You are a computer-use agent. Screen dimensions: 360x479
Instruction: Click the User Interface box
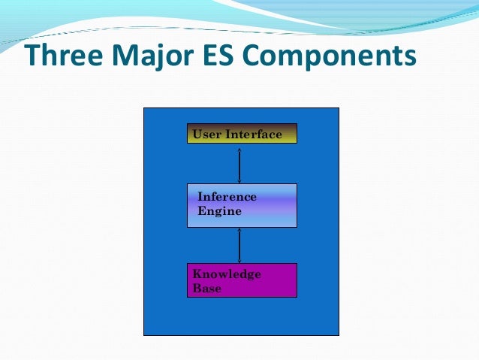(242, 134)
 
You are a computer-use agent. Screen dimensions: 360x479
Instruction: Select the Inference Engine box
(242, 205)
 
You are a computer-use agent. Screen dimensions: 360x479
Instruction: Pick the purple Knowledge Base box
(242, 280)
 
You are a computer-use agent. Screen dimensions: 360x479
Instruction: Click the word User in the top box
(206, 135)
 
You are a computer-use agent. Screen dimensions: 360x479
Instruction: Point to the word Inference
(227, 197)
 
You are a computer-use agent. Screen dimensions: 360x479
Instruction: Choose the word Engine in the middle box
(219, 211)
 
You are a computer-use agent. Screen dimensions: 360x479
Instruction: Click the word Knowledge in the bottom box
(227, 274)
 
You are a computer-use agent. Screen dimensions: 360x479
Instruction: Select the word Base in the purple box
(207, 289)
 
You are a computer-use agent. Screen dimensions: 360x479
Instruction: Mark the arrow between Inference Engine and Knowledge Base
(239, 245)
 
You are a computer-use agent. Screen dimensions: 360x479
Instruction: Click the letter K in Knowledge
(197, 274)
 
